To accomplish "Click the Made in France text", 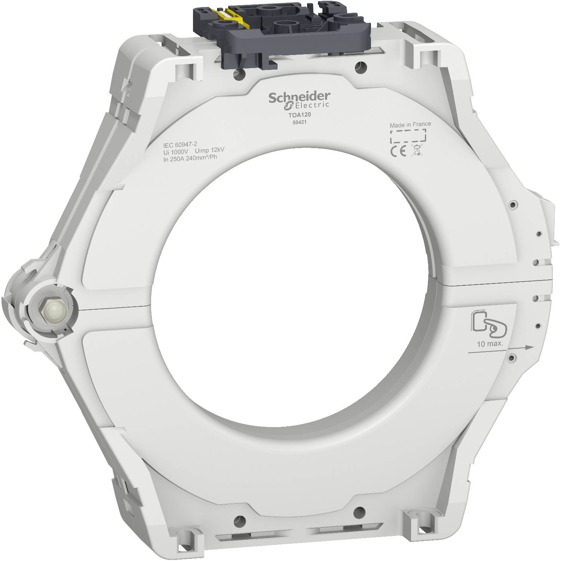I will pyautogui.click(x=410, y=124).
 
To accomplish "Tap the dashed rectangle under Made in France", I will pyautogui.click(x=408, y=137).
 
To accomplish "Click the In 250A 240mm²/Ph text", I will pyautogui.click(x=190, y=157).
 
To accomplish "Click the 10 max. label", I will pyautogui.click(x=490, y=344).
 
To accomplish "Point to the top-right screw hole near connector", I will pyautogui.click(x=360, y=67).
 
